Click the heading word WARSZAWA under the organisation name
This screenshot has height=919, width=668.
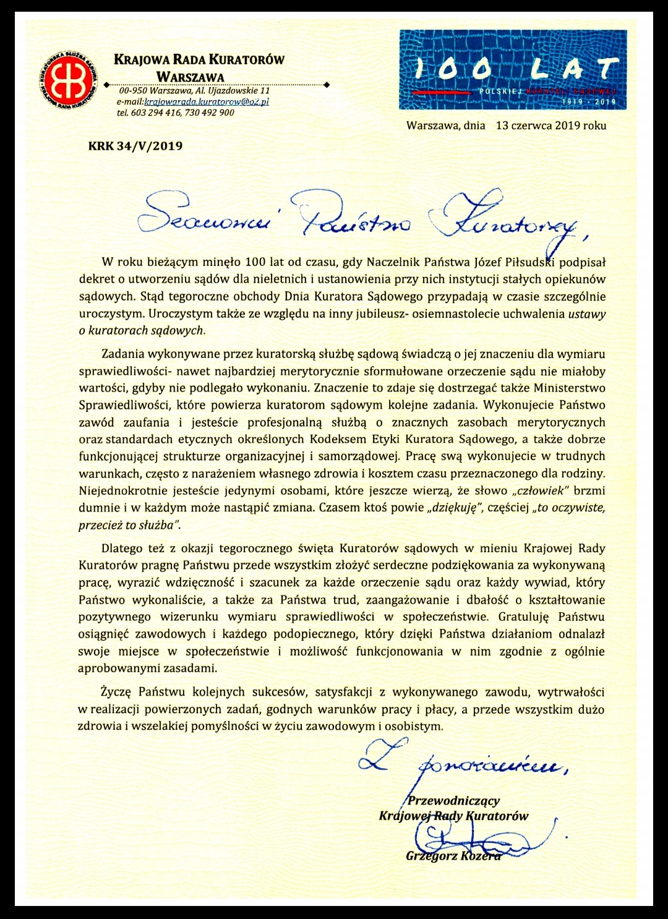[x=190, y=77]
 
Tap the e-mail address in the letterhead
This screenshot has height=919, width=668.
[x=207, y=102]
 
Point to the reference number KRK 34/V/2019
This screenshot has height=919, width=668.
[x=135, y=147]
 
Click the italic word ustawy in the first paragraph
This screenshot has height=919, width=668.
[x=587, y=314]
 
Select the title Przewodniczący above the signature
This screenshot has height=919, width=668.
[x=454, y=801]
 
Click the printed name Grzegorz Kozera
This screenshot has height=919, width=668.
[x=453, y=857]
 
